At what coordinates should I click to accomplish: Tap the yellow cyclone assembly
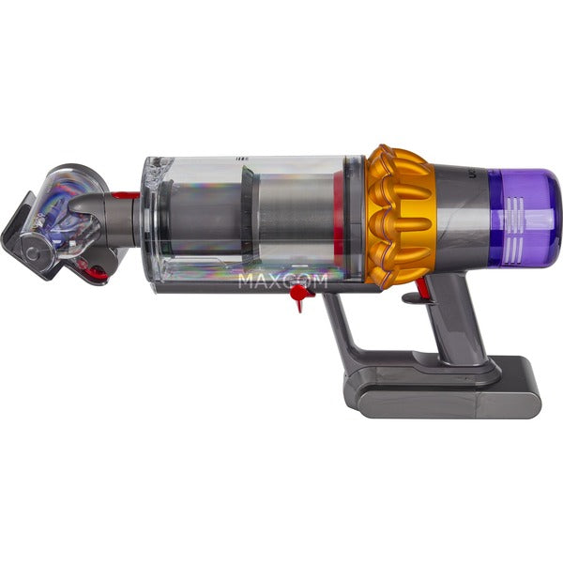coord(399,214)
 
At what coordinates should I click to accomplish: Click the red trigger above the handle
coord(412,297)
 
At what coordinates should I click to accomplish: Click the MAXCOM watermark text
coord(282,280)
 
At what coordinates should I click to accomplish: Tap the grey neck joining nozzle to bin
coord(113,221)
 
